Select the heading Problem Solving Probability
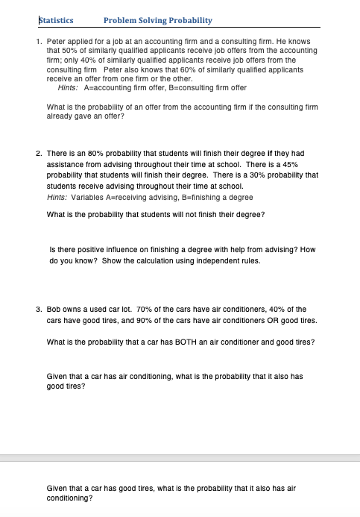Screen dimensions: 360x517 pos(158,20)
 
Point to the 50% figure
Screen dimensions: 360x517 pos(62,45)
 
